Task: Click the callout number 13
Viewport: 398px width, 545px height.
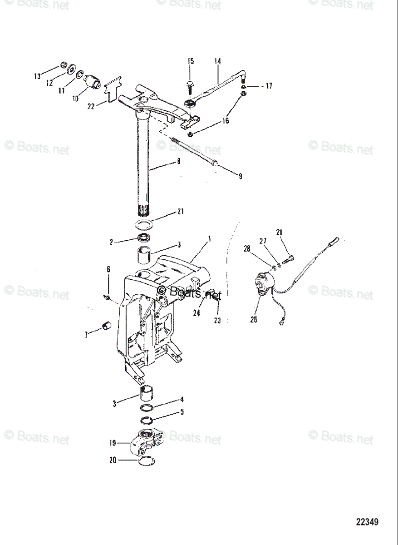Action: (37, 76)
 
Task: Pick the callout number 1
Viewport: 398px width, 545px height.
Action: (209, 238)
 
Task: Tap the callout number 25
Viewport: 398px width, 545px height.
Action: (253, 319)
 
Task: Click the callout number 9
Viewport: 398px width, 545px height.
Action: (240, 176)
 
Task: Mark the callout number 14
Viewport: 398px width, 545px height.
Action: (217, 60)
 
